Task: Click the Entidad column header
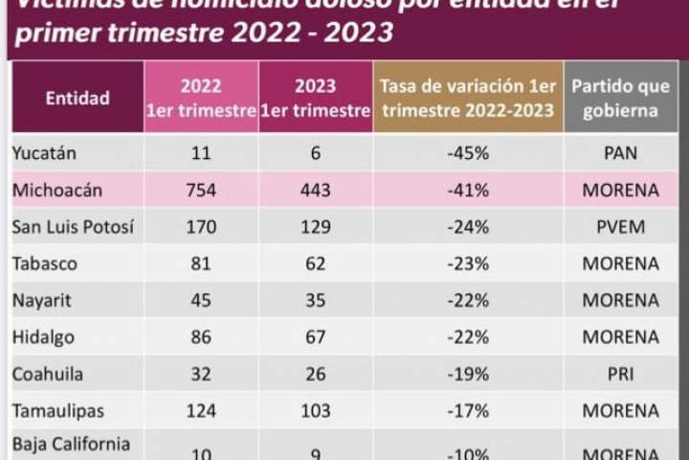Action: [x=78, y=98]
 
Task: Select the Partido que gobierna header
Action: [x=620, y=98]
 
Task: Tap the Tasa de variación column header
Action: [x=467, y=98]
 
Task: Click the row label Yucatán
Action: [x=45, y=153]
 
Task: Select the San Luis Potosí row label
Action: [x=72, y=227]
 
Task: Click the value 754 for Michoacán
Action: [x=201, y=190]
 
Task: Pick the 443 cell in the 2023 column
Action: [x=316, y=190]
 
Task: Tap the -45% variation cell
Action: [x=468, y=153]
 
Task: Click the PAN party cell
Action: [x=620, y=153]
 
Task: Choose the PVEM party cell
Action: [x=620, y=227]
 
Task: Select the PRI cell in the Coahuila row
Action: [x=620, y=374]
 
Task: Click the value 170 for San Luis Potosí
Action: [x=201, y=227]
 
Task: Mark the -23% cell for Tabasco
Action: [x=468, y=264]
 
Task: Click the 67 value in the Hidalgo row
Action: [x=316, y=337]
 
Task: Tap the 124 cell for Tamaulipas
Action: [x=201, y=410]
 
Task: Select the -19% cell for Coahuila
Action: [x=468, y=374]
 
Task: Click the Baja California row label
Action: [x=71, y=444]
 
